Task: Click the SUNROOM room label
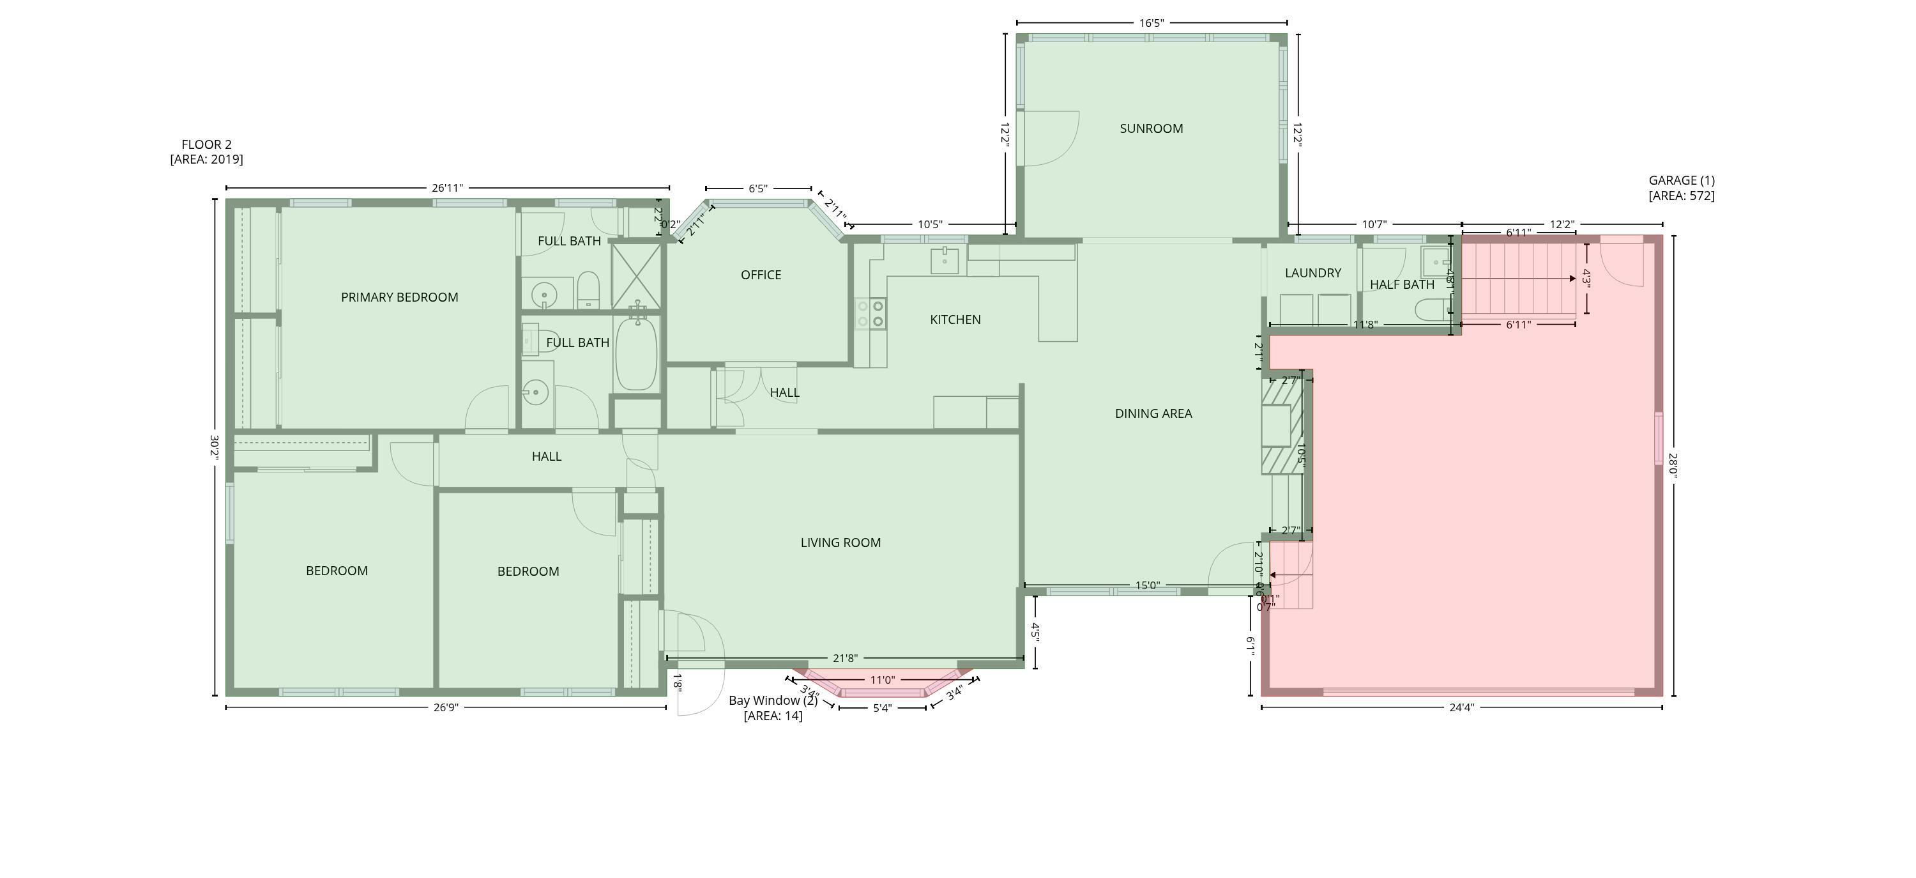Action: [x=1151, y=128]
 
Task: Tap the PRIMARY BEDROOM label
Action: [x=399, y=298]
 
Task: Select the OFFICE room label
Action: [x=761, y=275]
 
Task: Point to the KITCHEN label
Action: [x=955, y=320]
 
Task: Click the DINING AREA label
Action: [x=1153, y=413]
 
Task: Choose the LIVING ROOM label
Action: [x=840, y=543]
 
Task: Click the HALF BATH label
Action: [x=1402, y=284]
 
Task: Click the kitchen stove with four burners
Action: [x=871, y=313]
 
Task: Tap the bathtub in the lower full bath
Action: [x=637, y=353]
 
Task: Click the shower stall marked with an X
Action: [x=636, y=276]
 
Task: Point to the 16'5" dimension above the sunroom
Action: [x=1151, y=23]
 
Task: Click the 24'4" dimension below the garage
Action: [x=1461, y=707]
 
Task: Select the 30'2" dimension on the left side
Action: [x=214, y=448]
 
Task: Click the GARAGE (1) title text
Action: [x=1681, y=180]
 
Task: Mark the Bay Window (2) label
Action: [x=773, y=701]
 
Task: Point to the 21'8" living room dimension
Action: [x=845, y=658]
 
